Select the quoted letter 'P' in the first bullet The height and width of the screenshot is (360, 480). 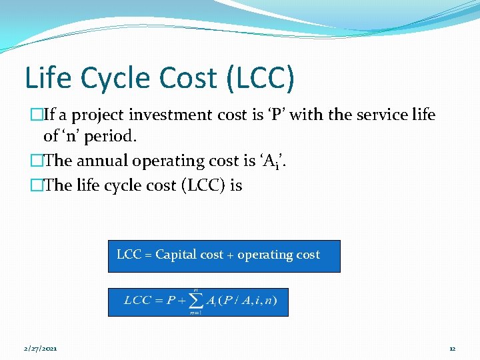coord(295,115)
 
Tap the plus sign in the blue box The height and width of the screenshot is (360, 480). coord(231,255)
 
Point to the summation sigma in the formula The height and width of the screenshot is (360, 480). coord(195,301)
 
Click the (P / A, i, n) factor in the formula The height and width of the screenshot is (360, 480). coord(251,301)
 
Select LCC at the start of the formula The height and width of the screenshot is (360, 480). coord(139,301)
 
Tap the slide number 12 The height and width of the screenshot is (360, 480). coord(451,349)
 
